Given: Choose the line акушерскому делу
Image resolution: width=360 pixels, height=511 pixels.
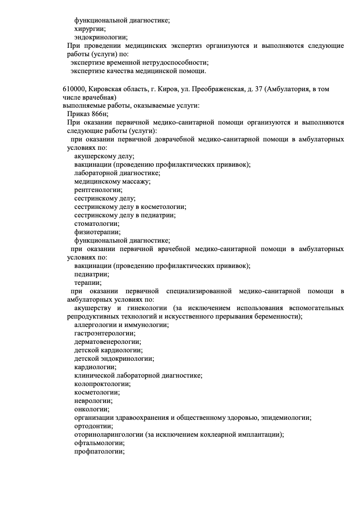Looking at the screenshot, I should click(x=104, y=156).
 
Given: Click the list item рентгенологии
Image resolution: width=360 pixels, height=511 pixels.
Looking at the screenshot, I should click(x=98, y=190).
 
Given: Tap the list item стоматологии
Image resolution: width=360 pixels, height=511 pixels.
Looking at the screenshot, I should click(x=97, y=224).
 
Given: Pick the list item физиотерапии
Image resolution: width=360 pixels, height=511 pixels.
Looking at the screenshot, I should click(x=98, y=232).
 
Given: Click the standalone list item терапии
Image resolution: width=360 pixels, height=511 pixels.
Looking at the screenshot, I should click(x=88, y=283).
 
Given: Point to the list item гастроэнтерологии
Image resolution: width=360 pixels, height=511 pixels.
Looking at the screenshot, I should click(x=105, y=333).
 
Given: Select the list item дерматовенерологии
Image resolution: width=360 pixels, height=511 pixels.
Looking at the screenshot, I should click(x=108, y=342).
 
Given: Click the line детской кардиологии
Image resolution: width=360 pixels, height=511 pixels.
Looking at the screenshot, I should click(x=108, y=350).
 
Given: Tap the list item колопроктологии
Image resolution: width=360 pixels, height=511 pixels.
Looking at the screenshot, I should click(x=102, y=384).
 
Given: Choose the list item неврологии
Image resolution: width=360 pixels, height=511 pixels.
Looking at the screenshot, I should click(x=93, y=401).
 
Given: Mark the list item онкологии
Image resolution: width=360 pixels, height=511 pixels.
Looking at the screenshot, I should click(x=92, y=409).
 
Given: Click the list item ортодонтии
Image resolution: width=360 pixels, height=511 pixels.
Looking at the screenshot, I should click(x=94, y=426).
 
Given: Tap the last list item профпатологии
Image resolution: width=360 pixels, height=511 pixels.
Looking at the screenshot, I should click(x=99, y=452).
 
